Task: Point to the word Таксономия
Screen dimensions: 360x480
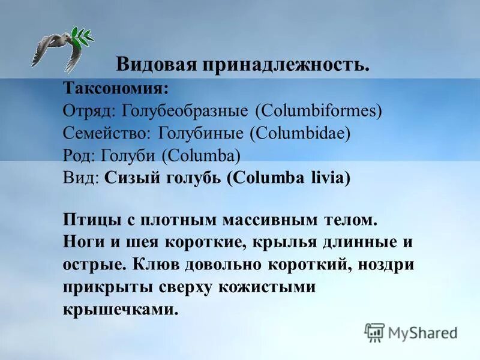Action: [116, 89]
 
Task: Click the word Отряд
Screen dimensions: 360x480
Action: [89, 111]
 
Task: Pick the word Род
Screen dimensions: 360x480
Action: [76, 156]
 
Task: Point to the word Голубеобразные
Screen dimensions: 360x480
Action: [185, 111]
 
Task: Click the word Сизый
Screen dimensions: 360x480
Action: [128, 178]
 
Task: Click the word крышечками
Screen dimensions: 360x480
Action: [120, 310]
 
